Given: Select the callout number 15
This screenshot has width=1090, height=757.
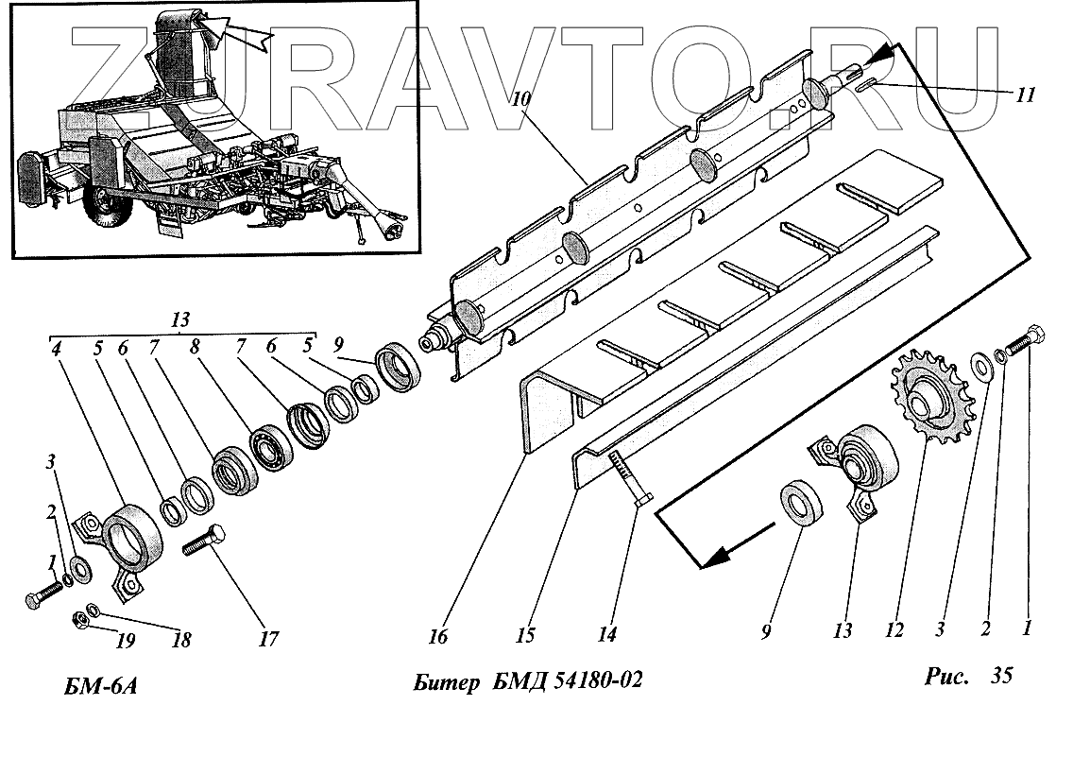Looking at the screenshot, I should [x=525, y=634].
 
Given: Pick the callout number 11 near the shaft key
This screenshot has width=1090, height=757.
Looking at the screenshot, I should [x=1027, y=95].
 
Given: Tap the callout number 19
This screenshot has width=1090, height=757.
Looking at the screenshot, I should [x=124, y=641].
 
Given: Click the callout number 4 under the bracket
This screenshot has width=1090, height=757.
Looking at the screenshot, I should [x=57, y=347].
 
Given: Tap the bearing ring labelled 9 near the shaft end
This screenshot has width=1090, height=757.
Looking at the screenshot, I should [x=400, y=365].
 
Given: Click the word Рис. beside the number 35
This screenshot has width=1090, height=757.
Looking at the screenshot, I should [x=946, y=677].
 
